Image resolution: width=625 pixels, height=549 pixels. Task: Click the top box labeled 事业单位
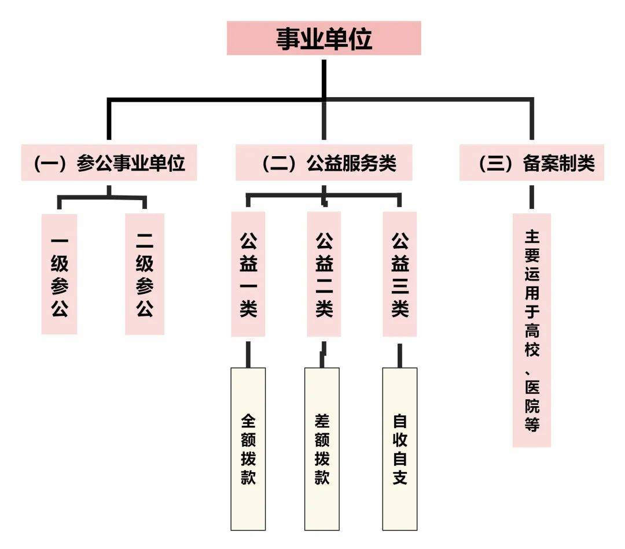pos(323,38)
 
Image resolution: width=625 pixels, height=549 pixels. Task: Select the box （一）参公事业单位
pos(109,163)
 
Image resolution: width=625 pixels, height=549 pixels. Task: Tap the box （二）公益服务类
pos(323,163)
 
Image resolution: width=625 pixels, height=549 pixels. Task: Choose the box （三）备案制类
pos(531,163)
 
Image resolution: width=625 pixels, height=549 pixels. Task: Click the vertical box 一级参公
pos(59,274)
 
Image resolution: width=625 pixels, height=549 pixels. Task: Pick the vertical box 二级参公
pos(145,274)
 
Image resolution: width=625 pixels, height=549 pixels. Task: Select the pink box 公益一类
pos(248,274)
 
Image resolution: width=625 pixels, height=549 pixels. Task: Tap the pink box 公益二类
pos(324,274)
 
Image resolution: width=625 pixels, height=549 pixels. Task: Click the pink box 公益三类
pos(400,274)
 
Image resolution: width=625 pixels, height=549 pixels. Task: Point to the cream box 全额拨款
pos(248,448)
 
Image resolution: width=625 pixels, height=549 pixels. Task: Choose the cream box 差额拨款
pos(322,448)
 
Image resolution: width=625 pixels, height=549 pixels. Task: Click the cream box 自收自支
pos(400,448)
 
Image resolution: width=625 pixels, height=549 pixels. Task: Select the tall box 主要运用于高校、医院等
pos(532,330)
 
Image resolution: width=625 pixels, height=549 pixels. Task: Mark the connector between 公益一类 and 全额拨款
pos(248,353)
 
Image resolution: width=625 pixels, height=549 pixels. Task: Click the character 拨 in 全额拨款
pos(248,459)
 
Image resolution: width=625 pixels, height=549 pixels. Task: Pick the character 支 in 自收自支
pos(400,478)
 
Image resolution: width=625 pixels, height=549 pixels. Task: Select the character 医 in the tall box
pos(532,386)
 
